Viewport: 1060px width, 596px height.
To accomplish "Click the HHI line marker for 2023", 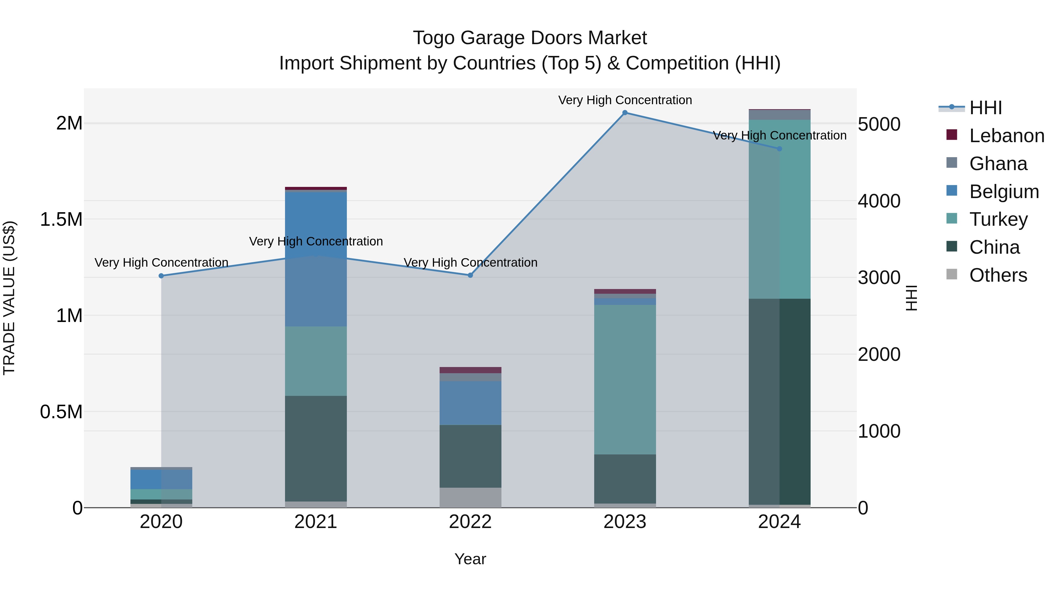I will click(x=625, y=113).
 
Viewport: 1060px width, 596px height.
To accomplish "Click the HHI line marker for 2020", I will click(x=161, y=276).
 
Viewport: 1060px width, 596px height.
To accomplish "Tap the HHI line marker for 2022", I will click(x=470, y=275).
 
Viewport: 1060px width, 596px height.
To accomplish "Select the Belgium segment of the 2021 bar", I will click(x=316, y=259).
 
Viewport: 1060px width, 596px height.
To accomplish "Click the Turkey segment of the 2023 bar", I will click(x=625, y=379).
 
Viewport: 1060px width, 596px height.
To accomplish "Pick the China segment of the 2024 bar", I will click(x=779, y=401).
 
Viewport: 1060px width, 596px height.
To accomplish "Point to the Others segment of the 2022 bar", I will click(x=470, y=497).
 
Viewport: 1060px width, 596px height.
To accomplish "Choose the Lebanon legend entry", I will click(x=1006, y=136).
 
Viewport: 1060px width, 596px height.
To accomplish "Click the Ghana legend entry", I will click(x=998, y=164).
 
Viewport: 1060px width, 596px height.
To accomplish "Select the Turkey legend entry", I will click(x=998, y=219).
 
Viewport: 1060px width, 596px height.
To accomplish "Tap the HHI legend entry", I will click(x=985, y=108).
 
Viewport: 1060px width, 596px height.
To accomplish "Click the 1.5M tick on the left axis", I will click(x=61, y=220).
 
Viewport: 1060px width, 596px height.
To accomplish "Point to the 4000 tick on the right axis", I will click(x=879, y=201).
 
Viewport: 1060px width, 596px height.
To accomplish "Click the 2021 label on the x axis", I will click(x=316, y=522).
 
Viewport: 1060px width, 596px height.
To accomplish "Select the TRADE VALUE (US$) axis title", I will click(x=9, y=298).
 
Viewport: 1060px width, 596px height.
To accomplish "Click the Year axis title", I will click(x=470, y=559).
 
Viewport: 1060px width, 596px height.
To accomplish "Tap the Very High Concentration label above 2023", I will click(x=625, y=100).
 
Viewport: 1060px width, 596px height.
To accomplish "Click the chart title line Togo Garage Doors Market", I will click(x=530, y=38).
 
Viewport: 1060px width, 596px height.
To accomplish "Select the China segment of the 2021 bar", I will click(x=316, y=448).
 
